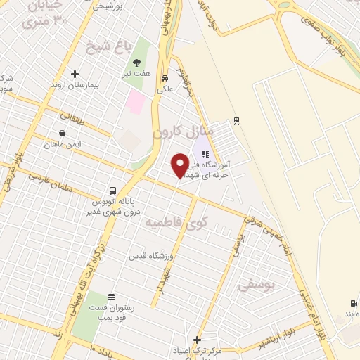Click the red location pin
click(179, 165)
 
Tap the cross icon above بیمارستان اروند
click(75, 73)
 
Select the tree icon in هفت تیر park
click(136, 62)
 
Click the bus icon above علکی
click(164, 79)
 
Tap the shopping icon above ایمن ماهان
click(63, 133)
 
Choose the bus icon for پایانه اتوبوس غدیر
click(112, 190)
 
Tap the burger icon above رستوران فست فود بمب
click(110, 299)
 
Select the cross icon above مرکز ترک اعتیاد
click(197, 339)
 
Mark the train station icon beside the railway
click(236, 120)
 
